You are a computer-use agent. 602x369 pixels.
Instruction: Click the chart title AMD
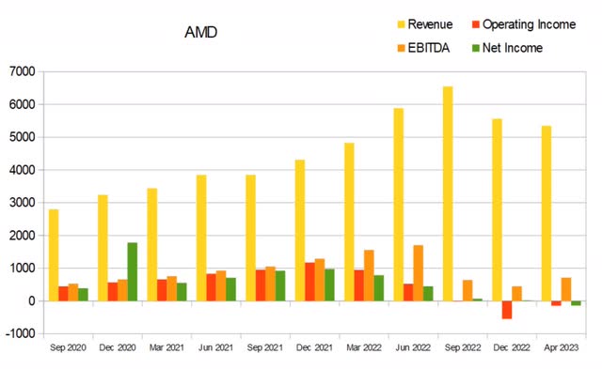tap(202, 32)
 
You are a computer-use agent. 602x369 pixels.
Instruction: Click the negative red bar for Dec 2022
tap(507, 310)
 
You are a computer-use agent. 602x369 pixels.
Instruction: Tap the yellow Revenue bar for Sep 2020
tap(54, 254)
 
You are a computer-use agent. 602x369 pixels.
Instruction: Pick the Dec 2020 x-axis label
tap(119, 347)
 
